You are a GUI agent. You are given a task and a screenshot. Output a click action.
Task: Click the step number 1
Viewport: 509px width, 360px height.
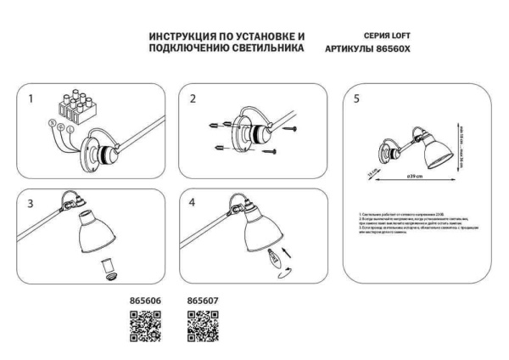coord(31,99)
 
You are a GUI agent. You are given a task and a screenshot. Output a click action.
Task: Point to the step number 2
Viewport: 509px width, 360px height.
coord(193,99)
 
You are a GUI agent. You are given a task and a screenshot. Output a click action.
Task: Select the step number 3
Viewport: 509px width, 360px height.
coord(31,205)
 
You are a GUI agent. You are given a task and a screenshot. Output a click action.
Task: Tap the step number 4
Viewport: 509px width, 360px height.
coord(193,205)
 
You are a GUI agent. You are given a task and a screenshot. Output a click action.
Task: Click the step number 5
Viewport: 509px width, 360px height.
coord(356,99)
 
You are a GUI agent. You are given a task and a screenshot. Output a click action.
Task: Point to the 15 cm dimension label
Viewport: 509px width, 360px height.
coord(372,174)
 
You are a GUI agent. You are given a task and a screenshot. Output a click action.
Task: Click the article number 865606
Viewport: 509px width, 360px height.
coord(144,300)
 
